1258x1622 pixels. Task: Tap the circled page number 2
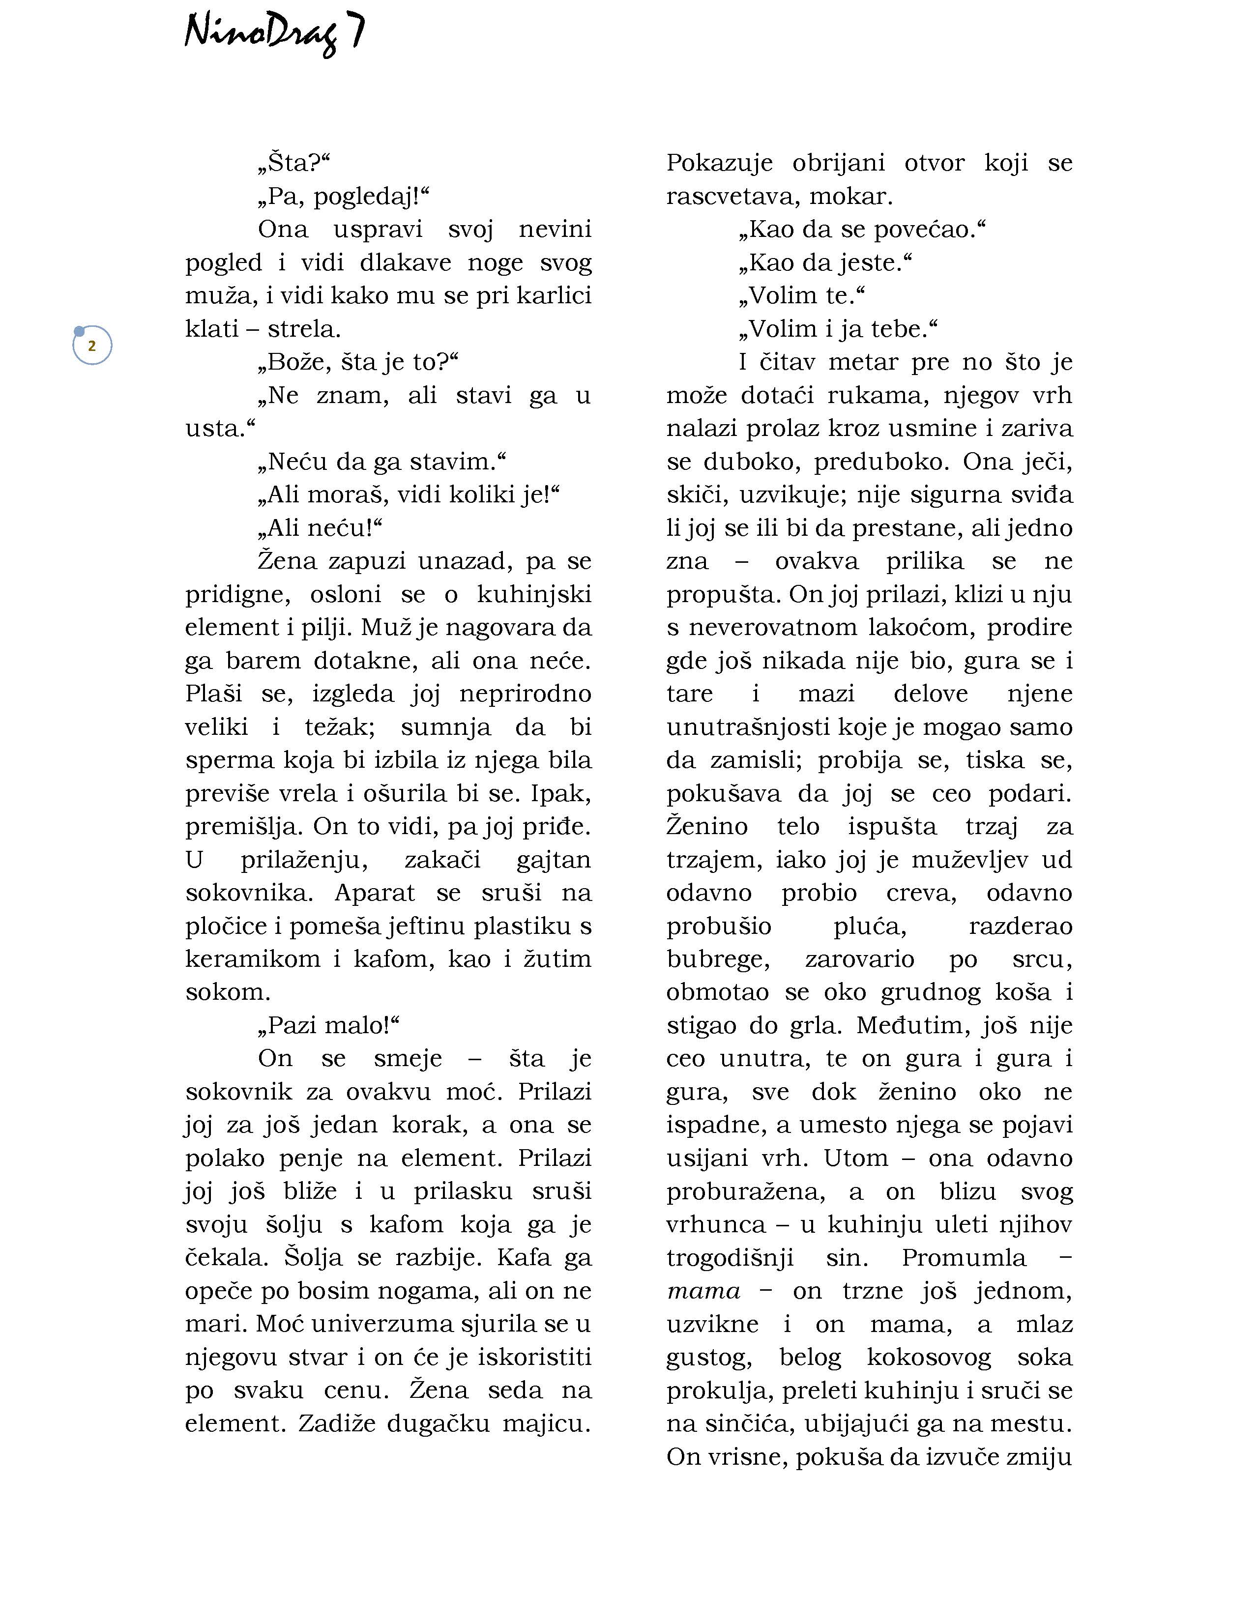tap(92, 346)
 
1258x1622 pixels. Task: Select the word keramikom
tap(253, 959)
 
